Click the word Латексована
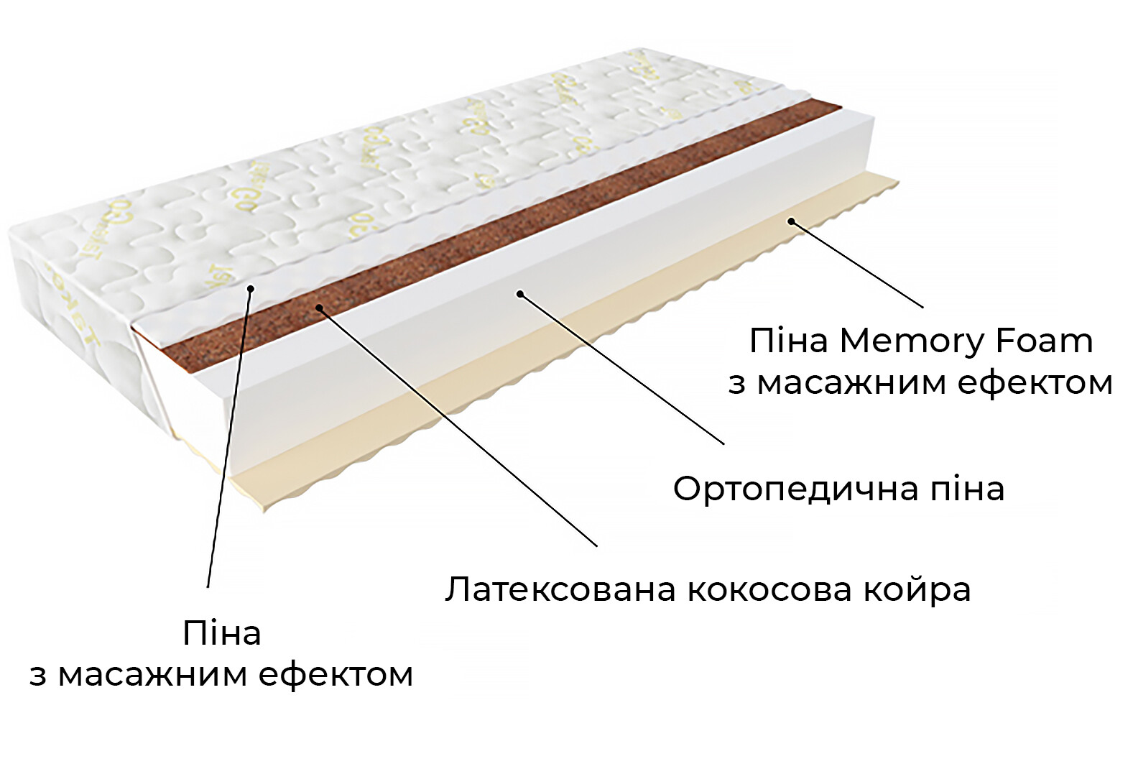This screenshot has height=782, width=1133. click(560, 589)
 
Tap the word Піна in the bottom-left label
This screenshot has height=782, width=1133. click(221, 633)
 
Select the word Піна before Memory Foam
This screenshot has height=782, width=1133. click(788, 341)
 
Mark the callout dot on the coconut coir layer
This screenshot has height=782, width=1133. click(318, 308)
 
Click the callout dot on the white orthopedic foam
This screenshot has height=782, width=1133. click(519, 293)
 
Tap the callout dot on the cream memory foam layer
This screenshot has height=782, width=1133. click(791, 221)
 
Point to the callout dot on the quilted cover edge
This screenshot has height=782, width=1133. click(251, 289)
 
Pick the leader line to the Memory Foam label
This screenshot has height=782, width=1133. click(857, 264)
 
